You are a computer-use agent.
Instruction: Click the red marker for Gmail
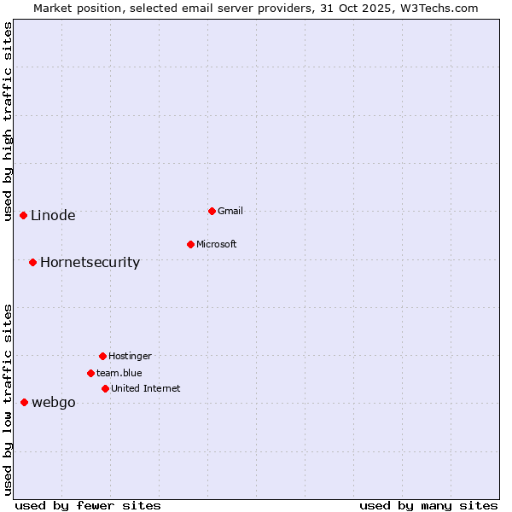(212, 211)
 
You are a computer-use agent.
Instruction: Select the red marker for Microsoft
(190, 244)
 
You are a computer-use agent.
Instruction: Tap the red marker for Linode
(23, 215)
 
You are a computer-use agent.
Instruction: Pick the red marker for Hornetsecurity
(32, 262)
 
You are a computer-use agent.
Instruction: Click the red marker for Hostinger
(102, 356)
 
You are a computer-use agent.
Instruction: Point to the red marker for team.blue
(90, 373)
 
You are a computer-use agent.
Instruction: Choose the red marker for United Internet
(105, 388)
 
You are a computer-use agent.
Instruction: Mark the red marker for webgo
(24, 402)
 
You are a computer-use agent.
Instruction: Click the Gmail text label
(230, 211)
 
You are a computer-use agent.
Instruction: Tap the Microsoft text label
(217, 244)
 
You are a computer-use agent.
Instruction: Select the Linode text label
(53, 215)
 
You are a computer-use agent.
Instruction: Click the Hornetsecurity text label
(90, 262)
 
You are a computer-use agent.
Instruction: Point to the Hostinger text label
(130, 356)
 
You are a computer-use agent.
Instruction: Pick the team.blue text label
(119, 373)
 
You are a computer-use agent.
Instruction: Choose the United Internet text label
(146, 388)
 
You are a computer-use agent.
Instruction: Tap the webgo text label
(54, 403)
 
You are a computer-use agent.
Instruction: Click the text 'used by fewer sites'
(88, 505)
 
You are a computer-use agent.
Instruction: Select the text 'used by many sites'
(428, 505)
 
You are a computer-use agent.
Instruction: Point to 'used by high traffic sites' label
(8, 121)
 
